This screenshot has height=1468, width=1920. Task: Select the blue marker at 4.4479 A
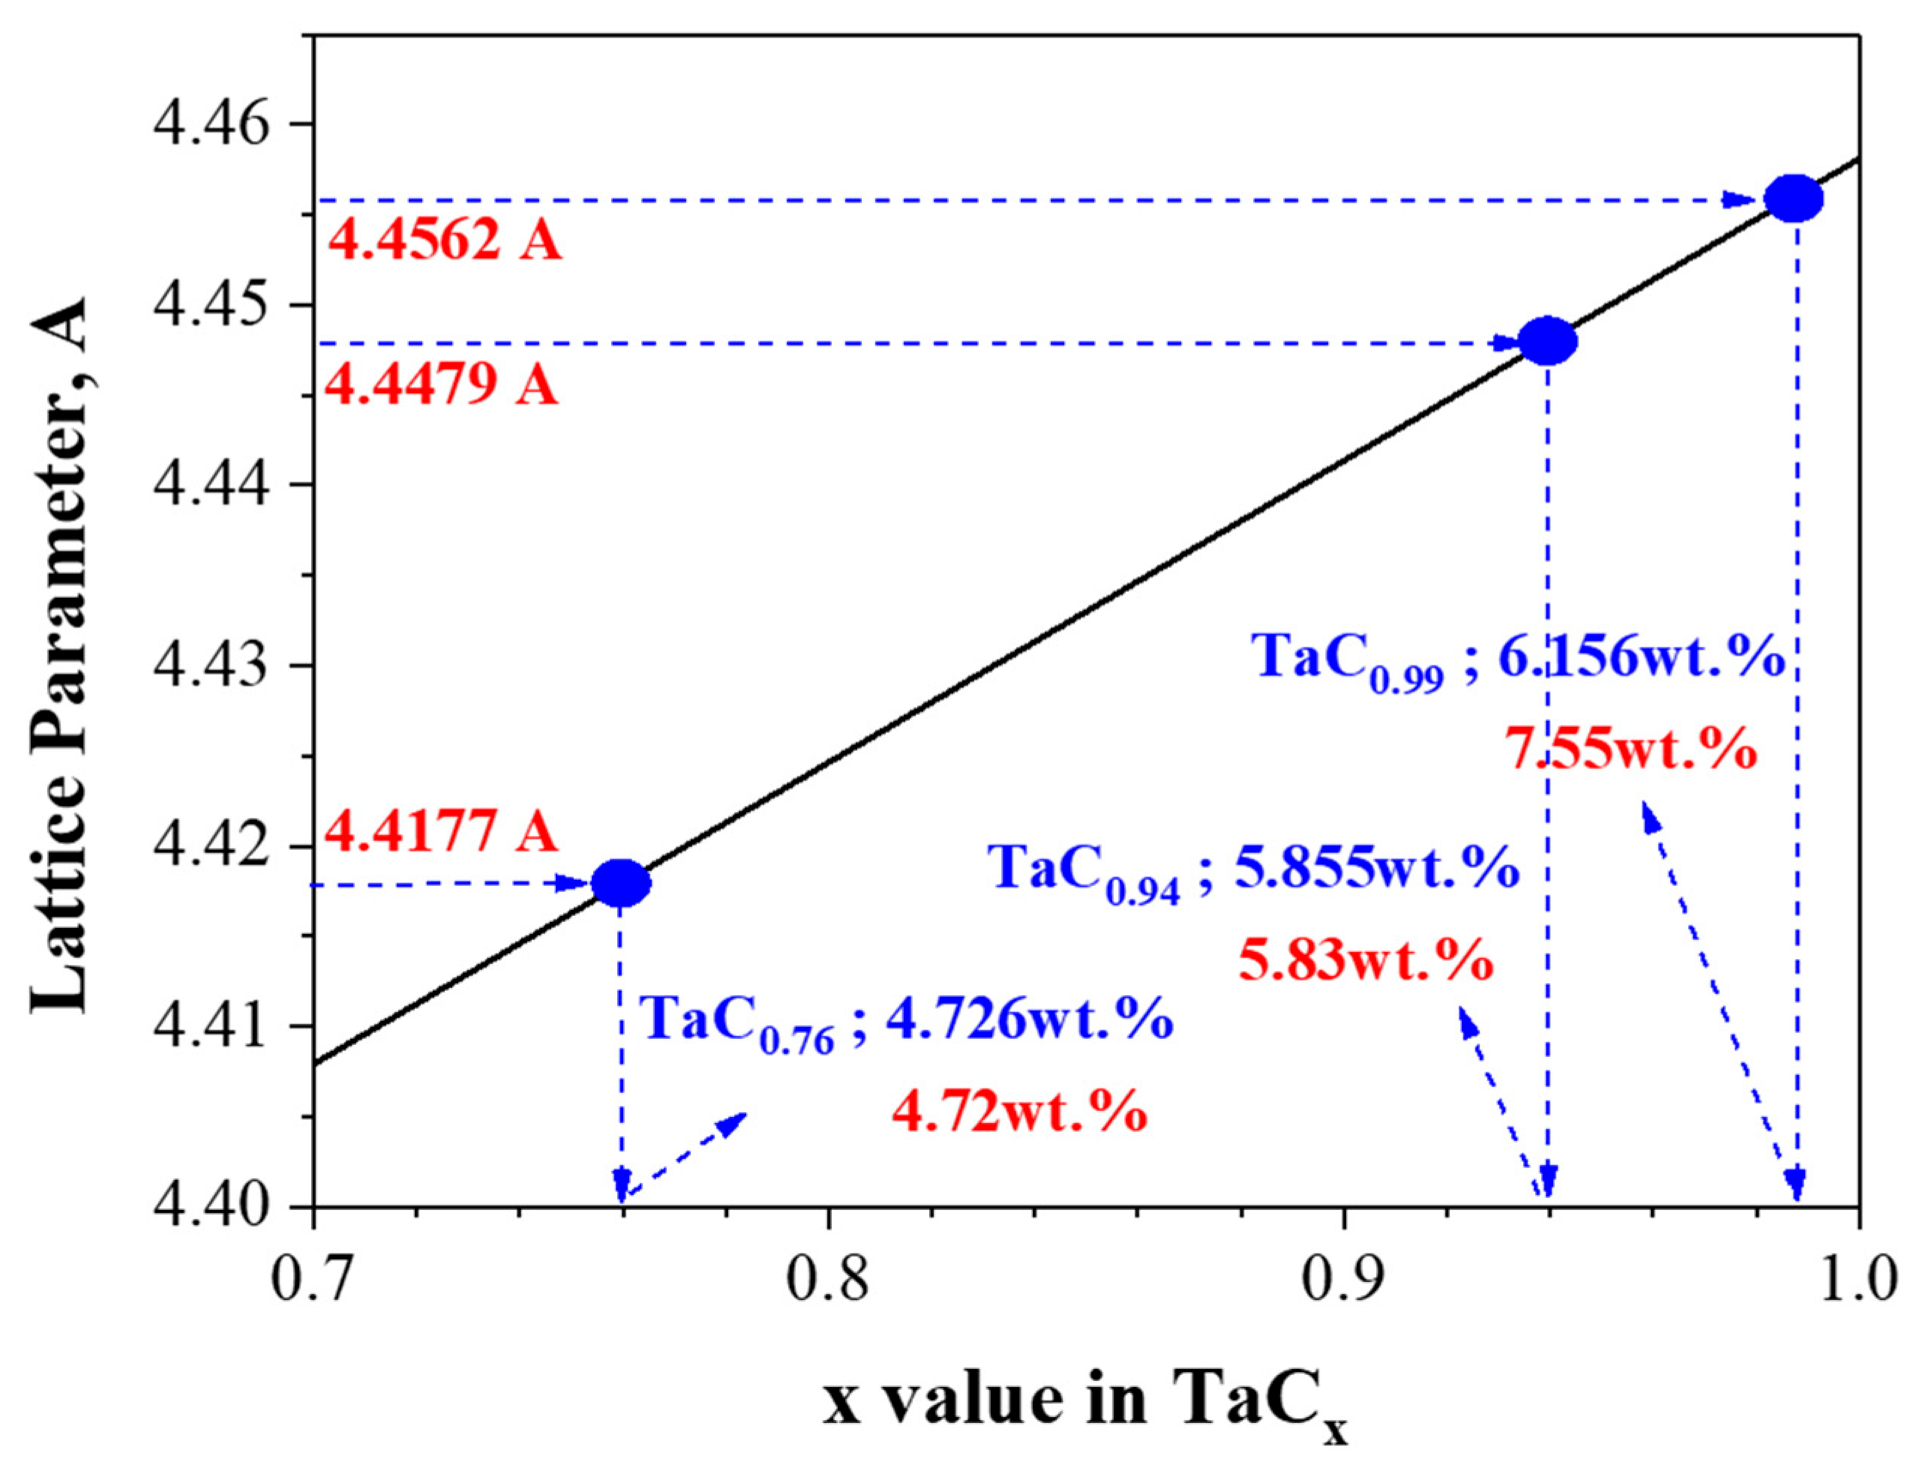coord(1547,341)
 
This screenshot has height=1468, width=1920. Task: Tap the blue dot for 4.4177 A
coord(621,884)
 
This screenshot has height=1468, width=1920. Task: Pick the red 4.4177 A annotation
coord(441,830)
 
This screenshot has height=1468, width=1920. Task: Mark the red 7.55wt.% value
coord(1630,749)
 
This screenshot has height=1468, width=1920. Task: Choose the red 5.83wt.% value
coord(1364,960)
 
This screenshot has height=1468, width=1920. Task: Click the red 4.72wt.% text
coord(1019,1112)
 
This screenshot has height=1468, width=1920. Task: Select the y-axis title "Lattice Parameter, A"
coord(61,656)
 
